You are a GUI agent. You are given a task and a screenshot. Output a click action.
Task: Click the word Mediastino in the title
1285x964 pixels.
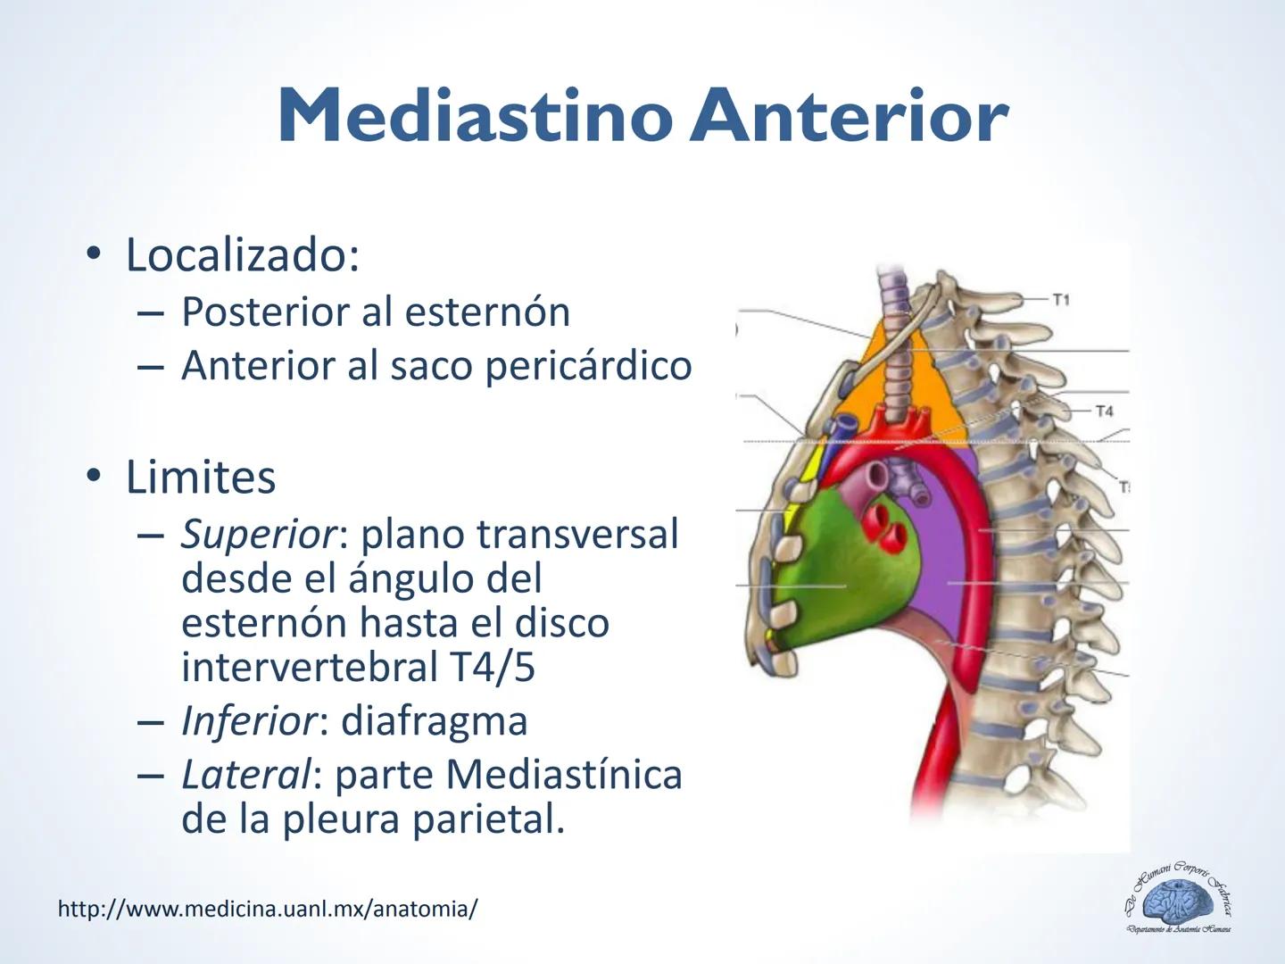pyautogui.click(x=474, y=117)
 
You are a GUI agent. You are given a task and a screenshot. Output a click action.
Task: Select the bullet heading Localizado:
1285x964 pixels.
pyautogui.click(x=242, y=254)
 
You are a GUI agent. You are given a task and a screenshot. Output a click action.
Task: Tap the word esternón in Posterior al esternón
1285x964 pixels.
pyautogui.click(x=486, y=312)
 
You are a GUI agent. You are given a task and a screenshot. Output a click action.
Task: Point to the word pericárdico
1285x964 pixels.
pyautogui.click(x=588, y=365)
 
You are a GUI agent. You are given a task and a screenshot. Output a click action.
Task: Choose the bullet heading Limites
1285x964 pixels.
pyautogui.click(x=201, y=477)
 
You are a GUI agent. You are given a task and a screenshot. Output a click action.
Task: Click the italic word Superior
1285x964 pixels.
pyautogui.click(x=258, y=535)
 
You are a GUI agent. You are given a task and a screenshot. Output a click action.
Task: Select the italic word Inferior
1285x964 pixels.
pyautogui.click(x=247, y=720)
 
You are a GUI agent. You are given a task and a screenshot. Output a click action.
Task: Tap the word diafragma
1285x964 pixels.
pyautogui.click(x=434, y=720)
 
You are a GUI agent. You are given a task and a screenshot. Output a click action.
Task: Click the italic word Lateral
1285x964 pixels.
pyautogui.click(x=244, y=774)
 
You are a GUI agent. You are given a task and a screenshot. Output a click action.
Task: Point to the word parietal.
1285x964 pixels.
pyautogui.click(x=488, y=819)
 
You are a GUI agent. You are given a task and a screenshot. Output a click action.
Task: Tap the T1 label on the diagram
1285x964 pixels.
pyautogui.click(x=1060, y=300)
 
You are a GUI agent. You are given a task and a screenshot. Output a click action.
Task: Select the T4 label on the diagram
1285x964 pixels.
pyautogui.click(x=1104, y=411)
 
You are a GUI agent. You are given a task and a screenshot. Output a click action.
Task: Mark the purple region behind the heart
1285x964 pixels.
pyautogui.click(x=937, y=571)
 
